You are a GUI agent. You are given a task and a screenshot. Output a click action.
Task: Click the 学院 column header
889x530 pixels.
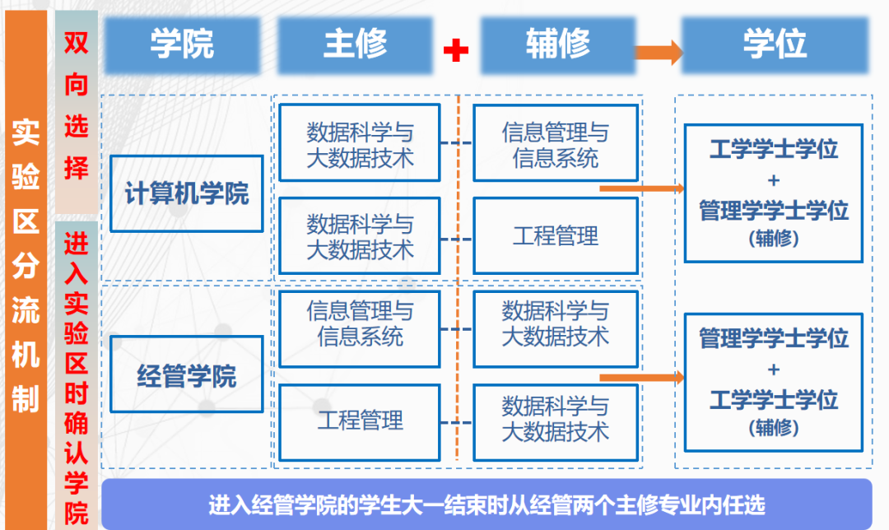tap(182, 44)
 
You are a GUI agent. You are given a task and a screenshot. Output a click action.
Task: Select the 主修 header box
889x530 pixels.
tap(355, 44)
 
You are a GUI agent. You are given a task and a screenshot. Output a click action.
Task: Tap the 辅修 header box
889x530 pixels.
tap(557, 44)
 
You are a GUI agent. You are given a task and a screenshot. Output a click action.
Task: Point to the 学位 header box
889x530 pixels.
tap(774, 44)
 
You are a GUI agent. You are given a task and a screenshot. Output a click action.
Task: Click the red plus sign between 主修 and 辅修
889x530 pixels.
tap(455, 50)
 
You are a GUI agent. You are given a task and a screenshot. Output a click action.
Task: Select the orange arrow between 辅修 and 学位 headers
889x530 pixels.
tap(658, 52)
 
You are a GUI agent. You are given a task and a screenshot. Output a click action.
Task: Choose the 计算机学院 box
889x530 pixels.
tap(187, 193)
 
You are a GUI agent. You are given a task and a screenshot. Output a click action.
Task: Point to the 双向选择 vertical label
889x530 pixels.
tap(76, 107)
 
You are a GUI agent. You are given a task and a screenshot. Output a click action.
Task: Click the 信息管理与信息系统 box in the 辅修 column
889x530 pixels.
tap(556, 143)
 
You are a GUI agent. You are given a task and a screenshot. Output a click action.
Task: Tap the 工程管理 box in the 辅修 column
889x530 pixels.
tap(556, 236)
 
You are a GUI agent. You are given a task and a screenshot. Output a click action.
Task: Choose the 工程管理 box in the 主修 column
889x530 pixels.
tap(360, 420)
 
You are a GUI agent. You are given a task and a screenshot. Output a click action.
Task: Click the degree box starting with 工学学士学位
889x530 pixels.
tap(773, 193)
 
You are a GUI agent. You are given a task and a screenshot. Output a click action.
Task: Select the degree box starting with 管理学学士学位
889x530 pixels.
tap(773, 382)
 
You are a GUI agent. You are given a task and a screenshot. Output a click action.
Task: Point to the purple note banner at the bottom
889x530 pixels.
tap(486, 503)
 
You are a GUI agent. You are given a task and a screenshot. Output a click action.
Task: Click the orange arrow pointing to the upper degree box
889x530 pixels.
tap(641, 188)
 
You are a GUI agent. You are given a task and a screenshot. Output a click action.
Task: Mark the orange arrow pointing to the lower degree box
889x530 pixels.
tap(641, 378)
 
